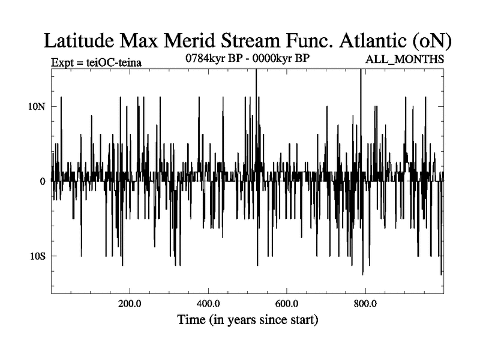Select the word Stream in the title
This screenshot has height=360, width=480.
click(x=256, y=41)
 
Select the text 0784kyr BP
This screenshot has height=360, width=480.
click(x=214, y=59)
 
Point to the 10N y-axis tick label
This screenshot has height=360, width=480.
click(x=38, y=106)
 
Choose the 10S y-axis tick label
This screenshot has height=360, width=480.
click(x=38, y=256)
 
